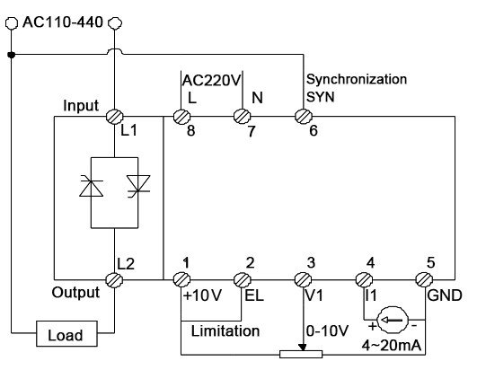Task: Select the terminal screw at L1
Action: tap(114, 116)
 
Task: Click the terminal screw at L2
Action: tap(114, 279)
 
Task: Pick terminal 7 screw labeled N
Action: tap(242, 116)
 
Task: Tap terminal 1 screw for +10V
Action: tap(183, 279)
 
